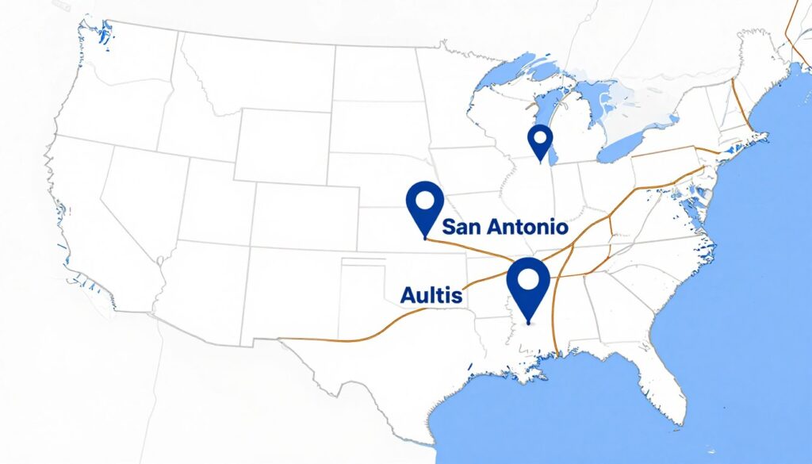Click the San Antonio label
[x=504, y=227]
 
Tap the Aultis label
[x=432, y=295]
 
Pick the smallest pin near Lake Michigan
[x=540, y=142]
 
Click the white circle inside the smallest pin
[x=540, y=136]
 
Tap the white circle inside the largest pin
[x=529, y=278]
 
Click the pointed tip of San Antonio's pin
[x=426, y=237]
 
